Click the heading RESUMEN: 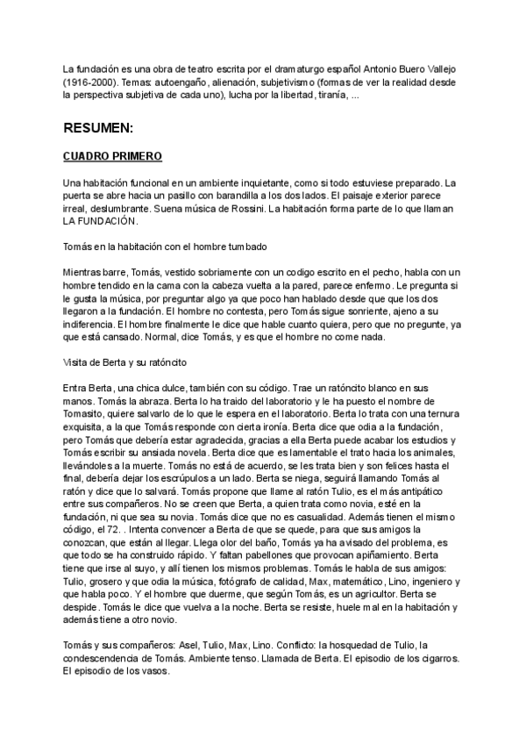[x=98, y=128]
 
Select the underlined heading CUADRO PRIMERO [x=112, y=156]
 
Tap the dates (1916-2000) [x=89, y=81]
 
